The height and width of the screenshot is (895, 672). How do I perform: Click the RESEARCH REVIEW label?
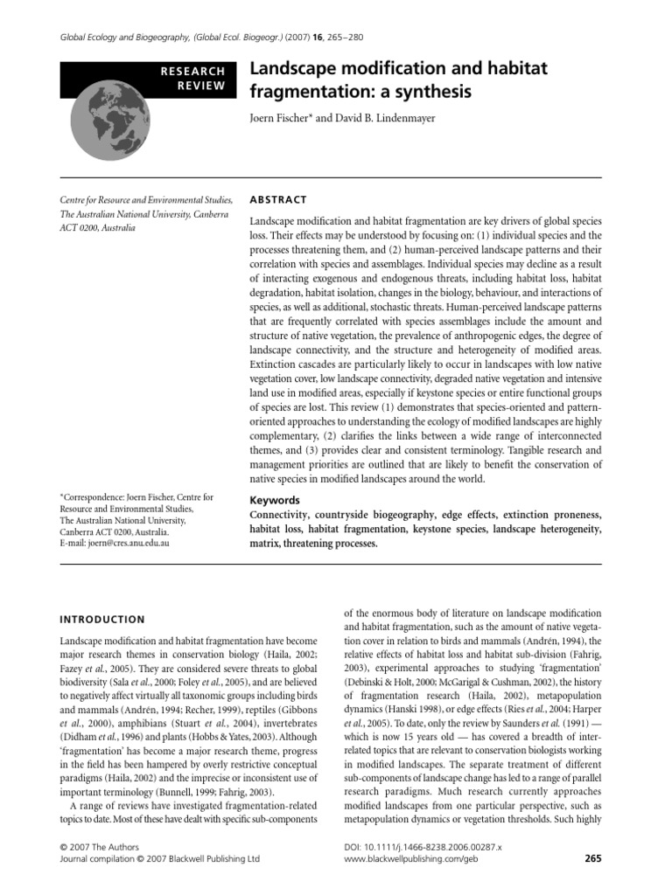pos(196,79)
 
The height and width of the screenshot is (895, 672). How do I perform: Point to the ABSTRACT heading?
pos(279,198)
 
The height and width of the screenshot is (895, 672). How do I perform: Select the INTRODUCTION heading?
pos(101,619)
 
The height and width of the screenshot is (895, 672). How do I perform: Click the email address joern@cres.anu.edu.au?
pos(124,543)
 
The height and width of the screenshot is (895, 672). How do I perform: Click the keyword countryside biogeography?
pos(378,516)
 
